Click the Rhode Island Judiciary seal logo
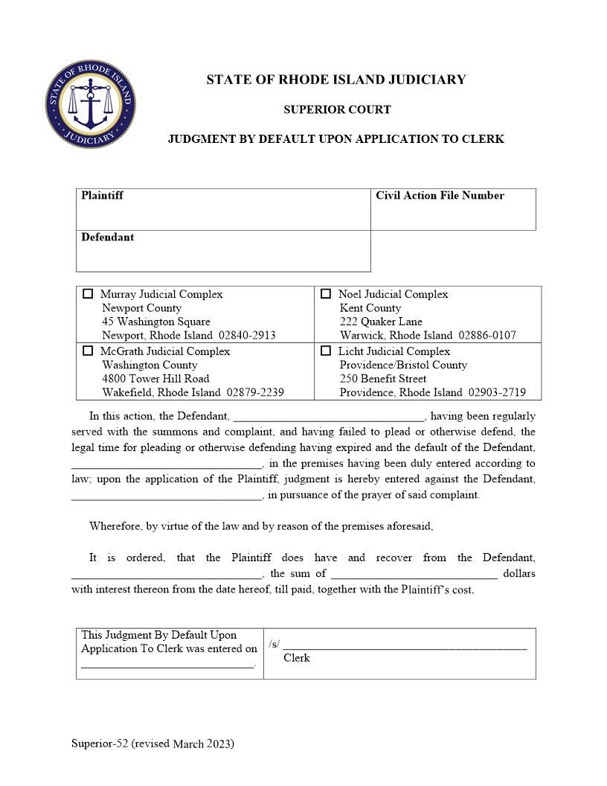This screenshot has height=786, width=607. [x=90, y=104]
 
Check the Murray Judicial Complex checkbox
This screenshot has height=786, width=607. [x=88, y=294]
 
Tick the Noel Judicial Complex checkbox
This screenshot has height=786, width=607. [x=326, y=294]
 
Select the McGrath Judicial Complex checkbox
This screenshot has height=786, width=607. [x=88, y=351]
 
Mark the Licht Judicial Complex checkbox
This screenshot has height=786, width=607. [x=326, y=351]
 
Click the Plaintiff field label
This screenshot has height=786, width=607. [x=102, y=196]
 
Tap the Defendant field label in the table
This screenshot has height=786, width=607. [x=108, y=237]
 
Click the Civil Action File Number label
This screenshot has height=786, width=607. [x=440, y=196]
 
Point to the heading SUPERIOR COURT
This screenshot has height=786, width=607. [x=336, y=109]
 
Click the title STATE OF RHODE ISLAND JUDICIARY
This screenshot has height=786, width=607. [x=336, y=80]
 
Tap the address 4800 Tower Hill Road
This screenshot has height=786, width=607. [x=155, y=378]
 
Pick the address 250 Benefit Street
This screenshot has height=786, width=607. [x=383, y=378]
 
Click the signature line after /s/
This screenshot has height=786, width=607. [x=405, y=647]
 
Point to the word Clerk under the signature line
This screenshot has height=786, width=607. [x=297, y=658]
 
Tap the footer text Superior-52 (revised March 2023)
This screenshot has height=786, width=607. [x=152, y=744]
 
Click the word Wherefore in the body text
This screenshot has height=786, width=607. [x=115, y=526]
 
